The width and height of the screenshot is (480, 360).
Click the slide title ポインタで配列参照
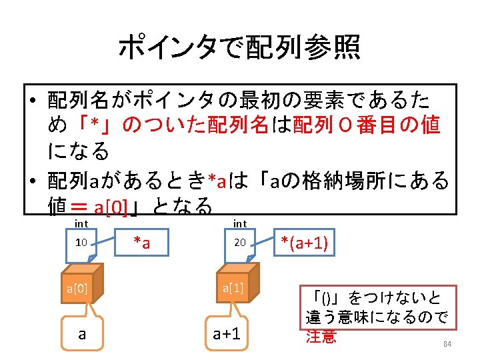[239, 47]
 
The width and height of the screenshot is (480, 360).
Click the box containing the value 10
[81, 242]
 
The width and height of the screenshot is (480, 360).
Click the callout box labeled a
[82, 333]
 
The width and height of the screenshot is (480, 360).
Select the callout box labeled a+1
[227, 333]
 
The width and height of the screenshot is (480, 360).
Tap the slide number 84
[447, 344]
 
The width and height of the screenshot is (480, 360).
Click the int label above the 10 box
[81, 224]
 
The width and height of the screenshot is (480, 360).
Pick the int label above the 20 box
[240, 224]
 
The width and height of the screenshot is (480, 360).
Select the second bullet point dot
[33, 181]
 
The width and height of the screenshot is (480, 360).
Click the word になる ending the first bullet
[79, 152]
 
